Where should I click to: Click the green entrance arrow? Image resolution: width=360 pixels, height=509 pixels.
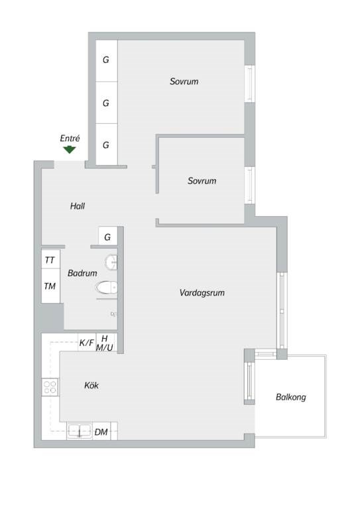point(70,150)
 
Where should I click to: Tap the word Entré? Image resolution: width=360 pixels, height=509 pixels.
point(70,139)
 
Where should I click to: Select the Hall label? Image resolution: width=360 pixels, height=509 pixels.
point(78,206)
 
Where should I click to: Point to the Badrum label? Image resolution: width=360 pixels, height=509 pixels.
point(82,273)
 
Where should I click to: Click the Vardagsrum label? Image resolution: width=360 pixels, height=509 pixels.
point(202,293)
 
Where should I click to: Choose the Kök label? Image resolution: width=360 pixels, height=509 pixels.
point(91,385)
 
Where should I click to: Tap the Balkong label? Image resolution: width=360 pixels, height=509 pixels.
point(291,397)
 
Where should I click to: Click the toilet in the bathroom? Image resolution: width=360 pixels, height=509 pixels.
point(107,288)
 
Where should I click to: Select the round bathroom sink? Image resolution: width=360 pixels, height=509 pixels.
point(111,262)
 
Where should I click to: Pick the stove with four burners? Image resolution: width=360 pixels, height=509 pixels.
point(50,387)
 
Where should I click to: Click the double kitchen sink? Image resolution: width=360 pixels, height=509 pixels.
point(80,431)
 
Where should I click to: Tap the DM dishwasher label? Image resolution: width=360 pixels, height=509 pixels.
point(101,432)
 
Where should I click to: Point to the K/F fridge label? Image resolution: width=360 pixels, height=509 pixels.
point(87,343)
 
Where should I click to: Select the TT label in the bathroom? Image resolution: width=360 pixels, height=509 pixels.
point(50,260)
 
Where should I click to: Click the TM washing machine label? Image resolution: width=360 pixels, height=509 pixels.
point(50,286)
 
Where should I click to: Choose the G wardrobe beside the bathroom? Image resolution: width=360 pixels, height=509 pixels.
point(107,237)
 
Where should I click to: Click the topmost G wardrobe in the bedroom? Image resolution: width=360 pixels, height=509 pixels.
point(107,60)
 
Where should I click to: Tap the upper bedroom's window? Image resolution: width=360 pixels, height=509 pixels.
point(250,84)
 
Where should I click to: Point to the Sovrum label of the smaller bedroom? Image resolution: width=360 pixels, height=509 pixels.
point(202,181)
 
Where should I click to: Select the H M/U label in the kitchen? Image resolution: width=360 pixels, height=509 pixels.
point(105,343)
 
